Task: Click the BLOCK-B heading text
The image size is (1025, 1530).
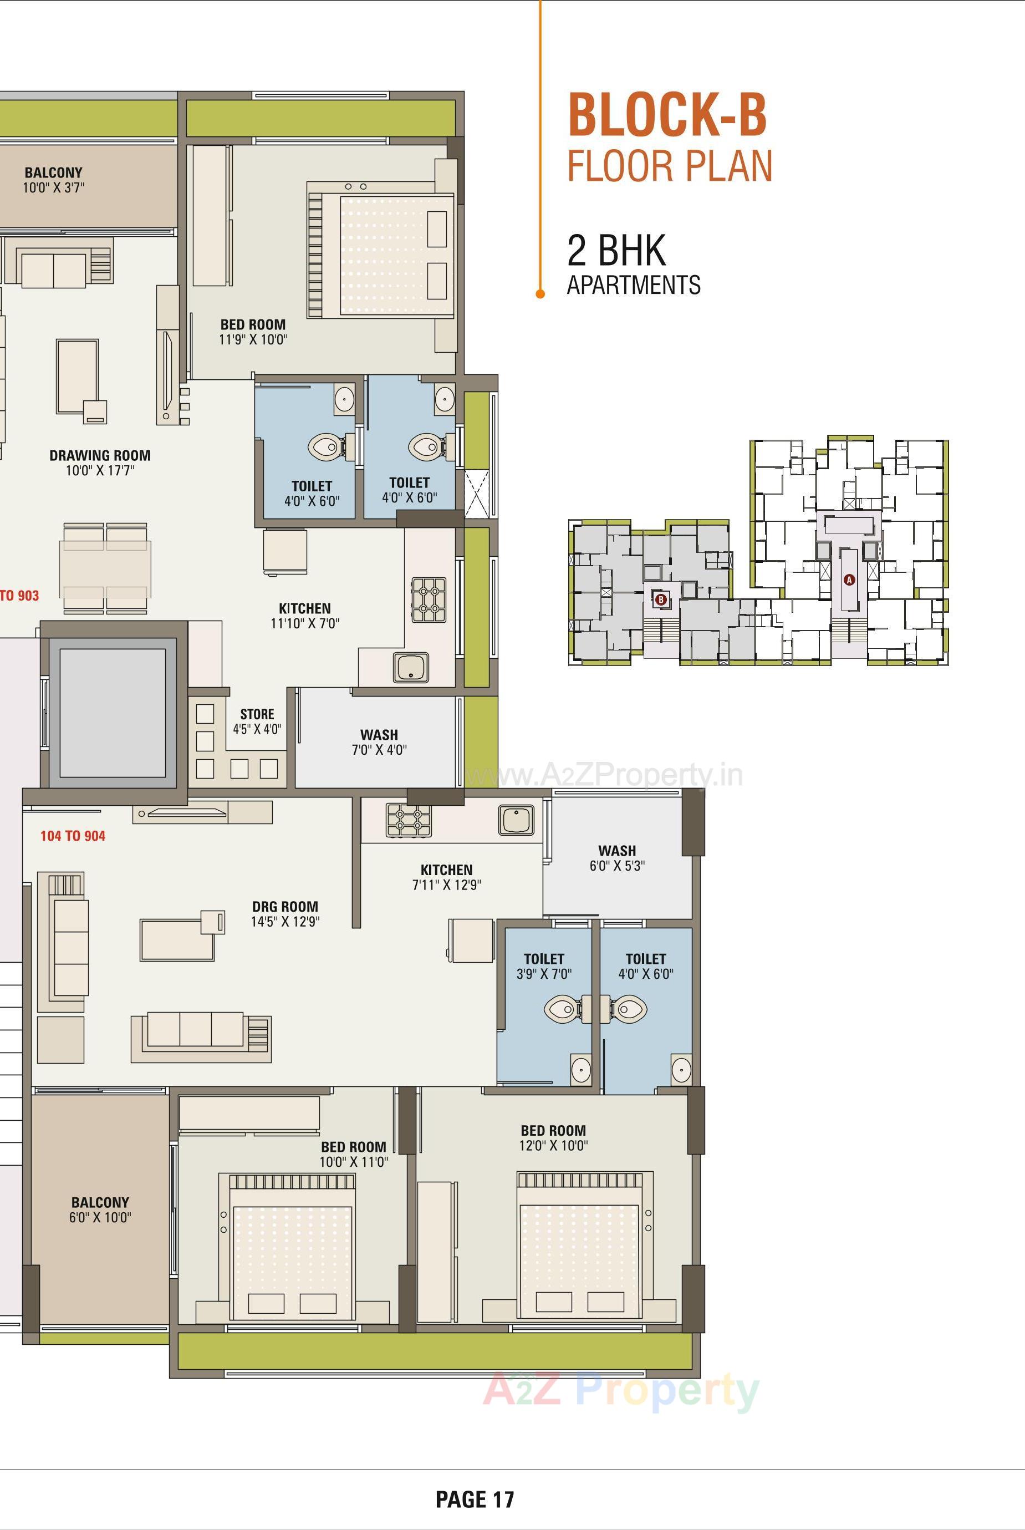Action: pyautogui.click(x=667, y=116)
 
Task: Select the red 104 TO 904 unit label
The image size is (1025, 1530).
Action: pyautogui.click(x=73, y=836)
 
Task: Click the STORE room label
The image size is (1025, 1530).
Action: pyautogui.click(x=257, y=714)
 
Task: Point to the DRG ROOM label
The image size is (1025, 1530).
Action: pyautogui.click(x=285, y=906)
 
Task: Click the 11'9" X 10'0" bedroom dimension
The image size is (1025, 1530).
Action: pyautogui.click(x=253, y=339)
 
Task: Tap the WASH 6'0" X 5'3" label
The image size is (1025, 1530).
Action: pyautogui.click(x=617, y=858)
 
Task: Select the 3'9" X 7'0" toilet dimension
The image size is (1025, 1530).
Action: pyautogui.click(x=544, y=974)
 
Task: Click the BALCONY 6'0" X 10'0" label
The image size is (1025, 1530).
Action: pyautogui.click(x=100, y=1209)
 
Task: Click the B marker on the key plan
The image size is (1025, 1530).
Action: pyautogui.click(x=661, y=599)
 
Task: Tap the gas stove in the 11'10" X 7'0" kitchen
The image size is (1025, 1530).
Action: pyautogui.click(x=429, y=599)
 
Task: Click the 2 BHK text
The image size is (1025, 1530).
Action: pyautogui.click(x=616, y=251)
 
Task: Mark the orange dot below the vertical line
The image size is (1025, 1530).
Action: pyautogui.click(x=540, y=294)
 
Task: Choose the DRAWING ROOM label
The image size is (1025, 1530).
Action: pyautogui.click(x=100, y=456)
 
